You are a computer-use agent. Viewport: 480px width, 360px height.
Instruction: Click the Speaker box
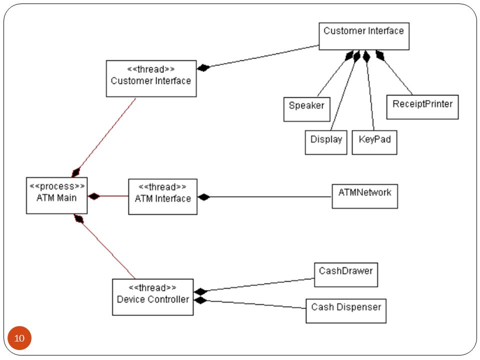306,109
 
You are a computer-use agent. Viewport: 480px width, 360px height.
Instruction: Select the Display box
326,142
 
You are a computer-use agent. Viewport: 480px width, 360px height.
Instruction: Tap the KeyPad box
374,142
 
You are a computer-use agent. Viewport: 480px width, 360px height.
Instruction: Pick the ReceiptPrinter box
422,107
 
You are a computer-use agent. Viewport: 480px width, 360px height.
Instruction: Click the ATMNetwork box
365,196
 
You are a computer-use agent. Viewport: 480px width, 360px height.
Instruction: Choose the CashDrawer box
346,274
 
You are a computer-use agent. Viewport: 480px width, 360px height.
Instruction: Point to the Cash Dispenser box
346,310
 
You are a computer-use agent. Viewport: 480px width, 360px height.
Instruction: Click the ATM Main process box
56,195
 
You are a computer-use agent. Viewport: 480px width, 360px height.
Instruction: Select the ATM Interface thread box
162,196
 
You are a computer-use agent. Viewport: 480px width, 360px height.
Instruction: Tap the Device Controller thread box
153,297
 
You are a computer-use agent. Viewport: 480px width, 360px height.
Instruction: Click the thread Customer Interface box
151,78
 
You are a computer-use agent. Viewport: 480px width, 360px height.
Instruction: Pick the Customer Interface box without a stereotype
364,36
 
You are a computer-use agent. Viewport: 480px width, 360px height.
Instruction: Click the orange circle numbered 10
19,338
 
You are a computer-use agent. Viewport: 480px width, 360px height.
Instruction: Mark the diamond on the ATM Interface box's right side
203,197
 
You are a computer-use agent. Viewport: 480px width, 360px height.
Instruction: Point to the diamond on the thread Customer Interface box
203,67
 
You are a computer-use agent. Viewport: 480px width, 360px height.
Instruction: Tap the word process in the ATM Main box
57,186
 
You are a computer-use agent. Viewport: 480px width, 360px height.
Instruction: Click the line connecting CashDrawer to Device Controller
260,284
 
